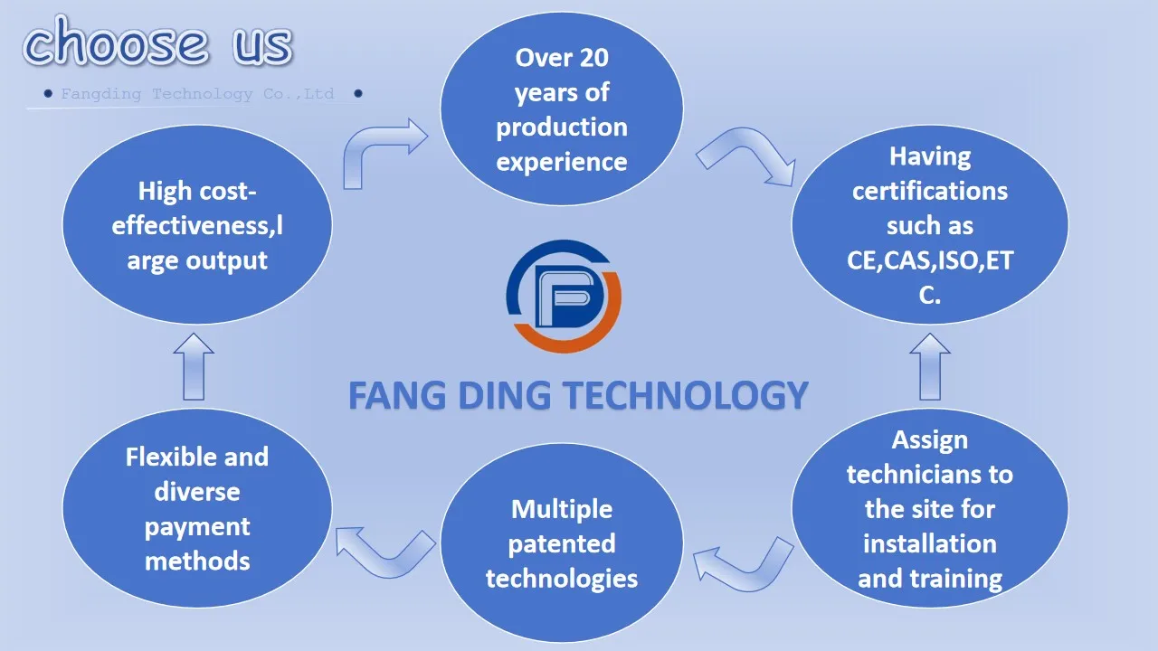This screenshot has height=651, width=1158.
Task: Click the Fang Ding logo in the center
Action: tap(563, 296)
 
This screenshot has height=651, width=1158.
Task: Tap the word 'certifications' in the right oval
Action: tap(929, 191)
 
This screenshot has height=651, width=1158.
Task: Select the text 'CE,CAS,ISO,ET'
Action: tap(929, 260)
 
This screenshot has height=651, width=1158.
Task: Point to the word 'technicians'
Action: tap(929, 475)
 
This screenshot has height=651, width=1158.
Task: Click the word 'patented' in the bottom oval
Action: tap(561, 544)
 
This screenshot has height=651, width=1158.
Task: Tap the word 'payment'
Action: tap(196, 527)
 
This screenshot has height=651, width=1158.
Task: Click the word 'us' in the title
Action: tap(262, 43)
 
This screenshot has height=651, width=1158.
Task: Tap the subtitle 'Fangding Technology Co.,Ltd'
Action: tap(197, 94)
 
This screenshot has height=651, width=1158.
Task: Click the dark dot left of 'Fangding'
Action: tap(48, 93)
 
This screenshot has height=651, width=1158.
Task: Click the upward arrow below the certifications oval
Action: tap(929, 367)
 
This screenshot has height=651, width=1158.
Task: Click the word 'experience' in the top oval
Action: tap(561, 162)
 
